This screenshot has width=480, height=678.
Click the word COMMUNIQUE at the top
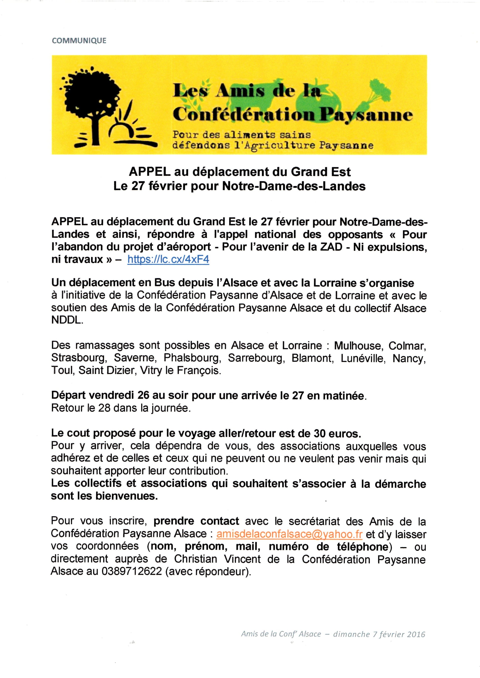pyautogui.click(x=79, y=40)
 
